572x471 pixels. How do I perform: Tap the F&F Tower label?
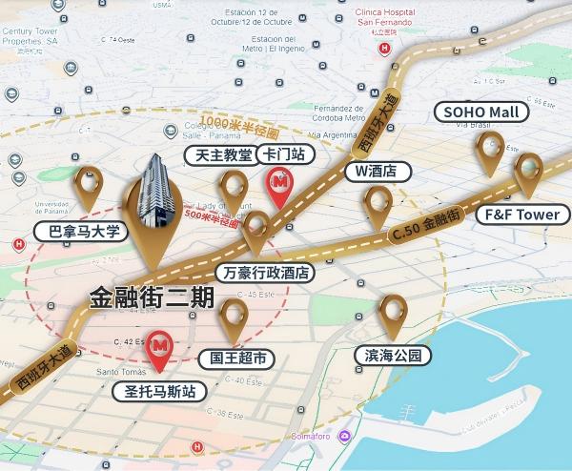[x=523, y=215]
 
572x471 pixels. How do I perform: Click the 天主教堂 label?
[x=223, y=154]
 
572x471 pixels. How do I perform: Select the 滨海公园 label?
[x=393, y=356]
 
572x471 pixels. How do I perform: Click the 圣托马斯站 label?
[x=159, y=391]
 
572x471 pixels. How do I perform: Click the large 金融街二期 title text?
[x=152, y=297]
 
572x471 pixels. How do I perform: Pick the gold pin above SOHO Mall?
[x=490, y=151]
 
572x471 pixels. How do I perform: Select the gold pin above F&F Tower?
[x=528, y=174]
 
